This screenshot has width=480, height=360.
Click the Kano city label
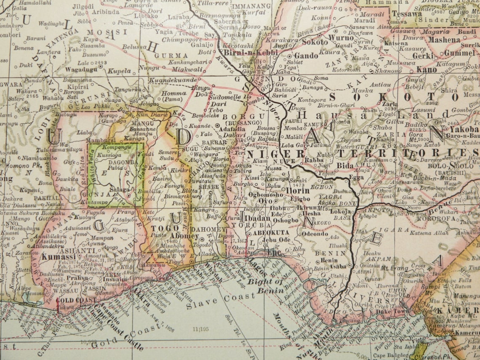(x=426, y=69)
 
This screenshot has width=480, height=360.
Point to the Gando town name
(x=306, y=56)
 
